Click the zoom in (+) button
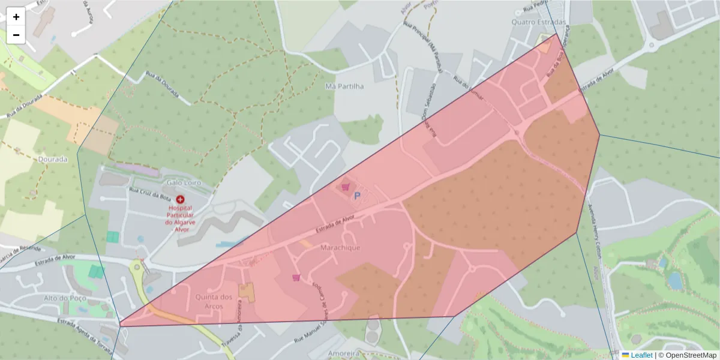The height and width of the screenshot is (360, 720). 16,17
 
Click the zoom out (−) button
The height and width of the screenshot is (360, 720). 16,35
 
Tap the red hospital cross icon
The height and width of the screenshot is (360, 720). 180,199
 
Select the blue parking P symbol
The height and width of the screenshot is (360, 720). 358,196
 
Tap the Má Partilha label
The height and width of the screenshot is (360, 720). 344,86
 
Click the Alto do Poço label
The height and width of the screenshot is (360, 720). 65,298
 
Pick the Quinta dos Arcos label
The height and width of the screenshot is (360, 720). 214,301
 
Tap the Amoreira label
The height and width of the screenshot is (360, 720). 344,353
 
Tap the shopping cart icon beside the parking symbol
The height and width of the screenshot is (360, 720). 345,187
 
